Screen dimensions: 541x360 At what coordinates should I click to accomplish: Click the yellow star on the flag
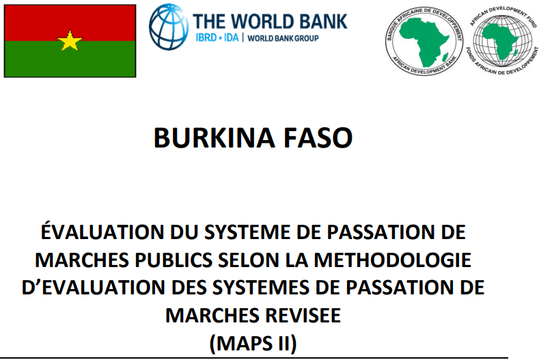coord(70,41)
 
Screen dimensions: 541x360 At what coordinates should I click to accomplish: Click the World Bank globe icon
coord(169,27)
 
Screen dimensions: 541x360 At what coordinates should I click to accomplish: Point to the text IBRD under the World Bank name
coord(206,38)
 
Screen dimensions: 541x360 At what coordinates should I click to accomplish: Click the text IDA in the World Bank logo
coord(231,38)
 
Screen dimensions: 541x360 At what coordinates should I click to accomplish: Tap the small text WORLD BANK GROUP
coord(283,38)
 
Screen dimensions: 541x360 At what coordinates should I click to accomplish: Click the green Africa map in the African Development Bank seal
coord(424,41)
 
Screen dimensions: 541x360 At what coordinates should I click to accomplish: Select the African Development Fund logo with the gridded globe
coord(503,41)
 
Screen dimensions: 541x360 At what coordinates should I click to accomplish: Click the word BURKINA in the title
coord(214,138)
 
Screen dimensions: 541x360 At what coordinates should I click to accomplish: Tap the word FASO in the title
coord(318,138)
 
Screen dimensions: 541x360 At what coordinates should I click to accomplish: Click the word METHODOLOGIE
coord(393,260)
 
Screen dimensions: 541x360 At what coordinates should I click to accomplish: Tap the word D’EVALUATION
coord(94,288)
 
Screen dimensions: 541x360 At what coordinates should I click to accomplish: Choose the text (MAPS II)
coord(253,344)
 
